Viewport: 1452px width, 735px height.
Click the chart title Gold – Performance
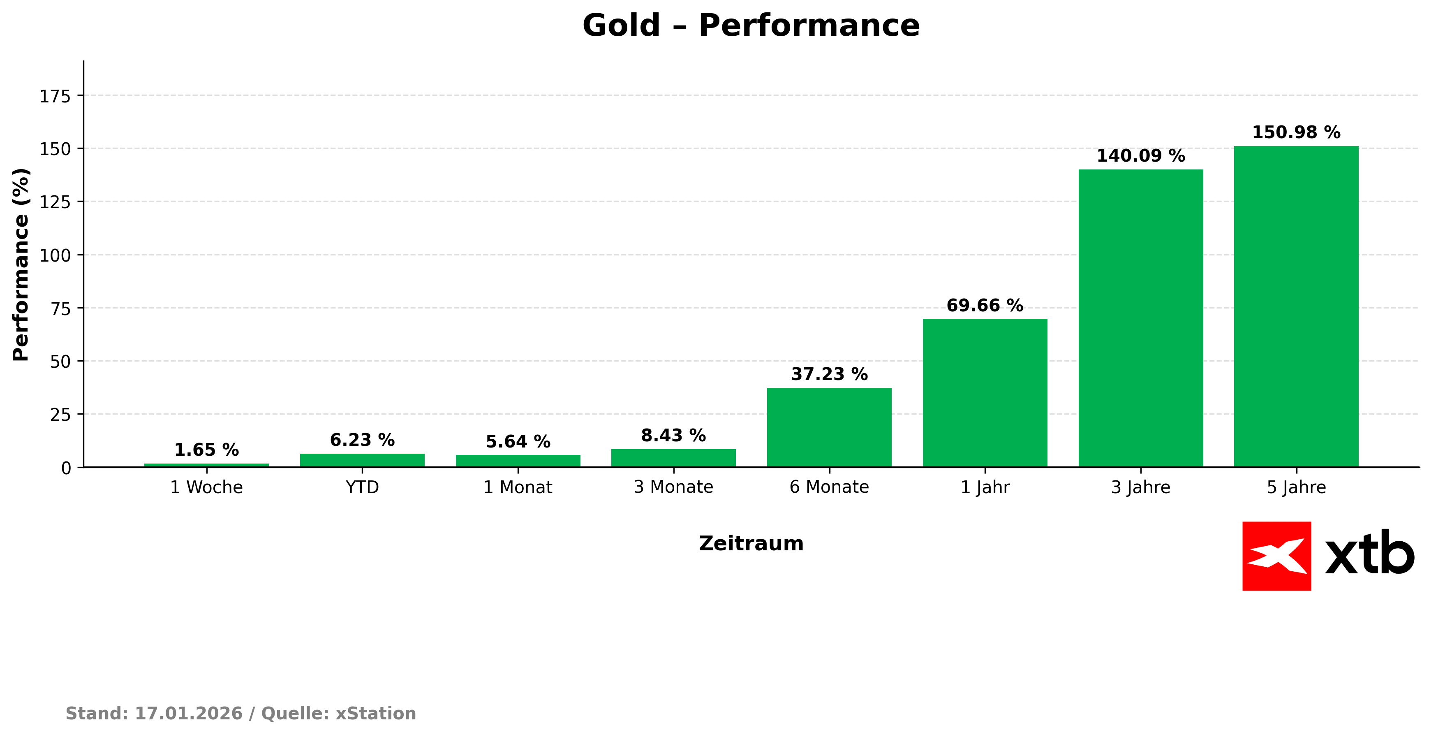point(750,26)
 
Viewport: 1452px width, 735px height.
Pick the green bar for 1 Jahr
point(985,393)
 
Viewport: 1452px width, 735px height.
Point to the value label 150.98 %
point(1296,132)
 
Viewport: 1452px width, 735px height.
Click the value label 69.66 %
point(984,305)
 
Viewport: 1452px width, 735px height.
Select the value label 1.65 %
point(206,450)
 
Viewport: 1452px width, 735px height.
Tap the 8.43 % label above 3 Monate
point(673,436)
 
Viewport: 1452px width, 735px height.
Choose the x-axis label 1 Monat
point(518,487)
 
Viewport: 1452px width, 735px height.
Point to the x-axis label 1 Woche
point(206,487)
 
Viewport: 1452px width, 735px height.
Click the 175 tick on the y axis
point(55,97)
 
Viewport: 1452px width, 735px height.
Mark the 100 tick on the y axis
point(55,255)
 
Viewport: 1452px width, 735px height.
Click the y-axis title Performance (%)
point(21,264)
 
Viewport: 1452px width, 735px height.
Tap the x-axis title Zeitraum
point(751,543)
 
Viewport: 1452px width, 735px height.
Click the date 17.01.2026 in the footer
point(188,713)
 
